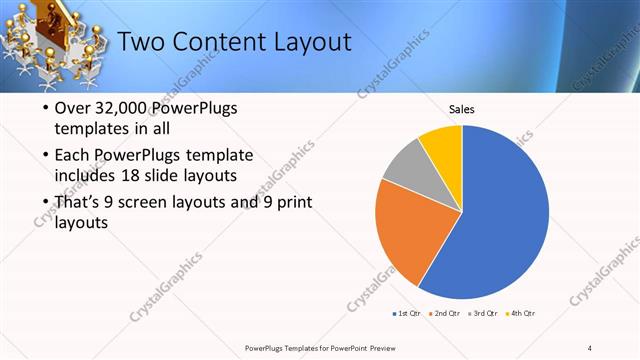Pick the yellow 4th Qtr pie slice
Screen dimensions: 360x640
pyautogui.click(x=443, y=146)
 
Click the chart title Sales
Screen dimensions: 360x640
pyautogui.click(x=461, y=110)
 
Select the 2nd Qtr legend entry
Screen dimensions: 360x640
pyautogui.click(x=446, y=314)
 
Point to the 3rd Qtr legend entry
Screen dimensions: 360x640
pyautogui.click(x=484, y=314)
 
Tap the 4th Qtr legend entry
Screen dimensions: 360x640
pyautogui.click(x=521, y=314)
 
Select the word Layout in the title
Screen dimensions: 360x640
pyautogui.click(x=314, y=42)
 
